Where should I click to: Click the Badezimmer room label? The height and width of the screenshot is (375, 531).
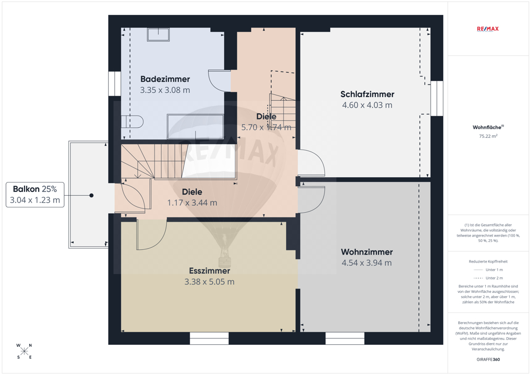pyautogui.click(x=165, y=79)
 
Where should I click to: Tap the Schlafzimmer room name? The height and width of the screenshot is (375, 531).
pyautogui.click(x=367, y=94)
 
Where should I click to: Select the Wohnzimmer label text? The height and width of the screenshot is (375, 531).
pyautogui.click(x=367, y=252)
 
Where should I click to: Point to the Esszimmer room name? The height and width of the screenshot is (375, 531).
pyautogui.click(x=209, y=271)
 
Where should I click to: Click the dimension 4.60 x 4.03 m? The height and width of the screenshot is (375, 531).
pyautogui.click(x=367, y=105)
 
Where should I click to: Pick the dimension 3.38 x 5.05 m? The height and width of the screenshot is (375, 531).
pyautogui.click(x=209, y=282)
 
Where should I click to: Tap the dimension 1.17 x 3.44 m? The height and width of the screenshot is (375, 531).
pyautogui.click(x=192, y=203)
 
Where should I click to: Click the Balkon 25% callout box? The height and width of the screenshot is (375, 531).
pyautogui.click(x=35, y=195)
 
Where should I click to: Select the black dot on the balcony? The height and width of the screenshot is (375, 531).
pyautogui.click(x=91, y=195)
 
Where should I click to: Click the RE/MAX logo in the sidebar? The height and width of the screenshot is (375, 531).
pyautogui.click(x=487, y=29)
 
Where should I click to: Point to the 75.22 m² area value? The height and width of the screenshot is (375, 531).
pyautogui.click(x=488, y=136)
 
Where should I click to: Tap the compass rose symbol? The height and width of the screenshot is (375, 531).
pyautogui.click(x=24, y=351)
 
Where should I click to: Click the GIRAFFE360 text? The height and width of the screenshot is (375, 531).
pyautogui.click(x=488, y=360)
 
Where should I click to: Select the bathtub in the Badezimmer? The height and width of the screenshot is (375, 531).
pyautogui.click(x=195, y=126)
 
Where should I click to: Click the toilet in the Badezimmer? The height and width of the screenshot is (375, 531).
pyautogui.click(x=132, y=122)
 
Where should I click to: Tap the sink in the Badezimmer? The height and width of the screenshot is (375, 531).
pyautogui.click(x=158, y=34)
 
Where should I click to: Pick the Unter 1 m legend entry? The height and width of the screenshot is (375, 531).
pyautogui.click(x=488, y=270)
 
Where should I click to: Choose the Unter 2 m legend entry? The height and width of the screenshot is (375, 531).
pyautogui.click(x=488, y=278)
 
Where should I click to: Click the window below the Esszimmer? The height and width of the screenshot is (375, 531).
pyautogui.click(x=209, y=338)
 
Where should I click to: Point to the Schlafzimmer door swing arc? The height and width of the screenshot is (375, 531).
pyautogui.click(x=318, y=159)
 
